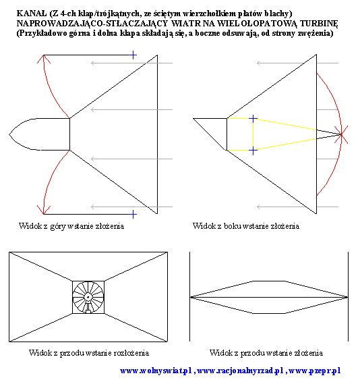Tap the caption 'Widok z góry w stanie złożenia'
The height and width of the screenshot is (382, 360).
tap(71, 226)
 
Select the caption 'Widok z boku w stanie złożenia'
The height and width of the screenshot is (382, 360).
tap(246, 226)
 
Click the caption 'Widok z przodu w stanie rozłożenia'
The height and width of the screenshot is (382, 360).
tap(89, 353)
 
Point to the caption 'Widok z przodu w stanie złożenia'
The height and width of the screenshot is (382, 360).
tap(266, 353)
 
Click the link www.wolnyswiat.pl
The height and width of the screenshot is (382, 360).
tap(156, 371)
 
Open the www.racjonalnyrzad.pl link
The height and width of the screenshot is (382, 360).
tap(240, 371)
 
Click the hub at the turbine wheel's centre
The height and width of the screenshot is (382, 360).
tap(88, 297)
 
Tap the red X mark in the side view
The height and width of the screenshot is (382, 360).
tap(341, 134)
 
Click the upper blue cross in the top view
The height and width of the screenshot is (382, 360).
tap(133, 55)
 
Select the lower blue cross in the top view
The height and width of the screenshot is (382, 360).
tap(133, 215)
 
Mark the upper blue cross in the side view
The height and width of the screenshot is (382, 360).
tap(253, 119)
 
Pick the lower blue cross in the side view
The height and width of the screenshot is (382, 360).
tap(253, 151)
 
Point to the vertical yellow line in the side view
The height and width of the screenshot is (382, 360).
tap(253, 134)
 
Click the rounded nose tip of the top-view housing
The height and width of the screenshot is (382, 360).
tap(9, 134)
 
